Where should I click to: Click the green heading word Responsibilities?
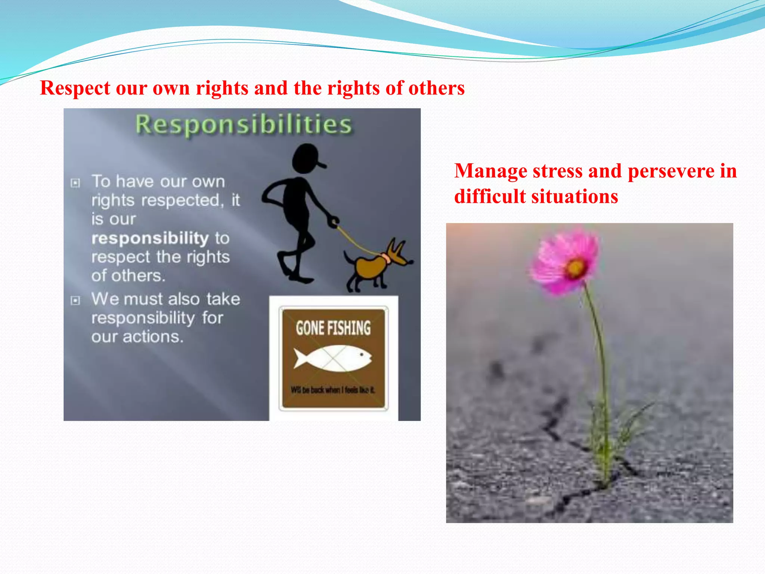pyautogui.click(x=243, y=124)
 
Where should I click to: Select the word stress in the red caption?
pyautogui.click(x=557, y=171)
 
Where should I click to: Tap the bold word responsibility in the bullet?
pyautogui.click(x=150, y=238)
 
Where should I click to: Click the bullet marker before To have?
pyautogui.click(x=75, y=183)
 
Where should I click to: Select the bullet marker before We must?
pyautogui.click(x=75, y=300)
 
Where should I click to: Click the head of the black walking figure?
pyautogui.click(x=306, y=158)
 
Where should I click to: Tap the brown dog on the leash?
pyautogui.click(x=372, y=266)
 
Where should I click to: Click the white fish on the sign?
pyautogui.click(x=332, y=358)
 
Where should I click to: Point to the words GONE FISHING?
pyautogui.click(x=333, y=328)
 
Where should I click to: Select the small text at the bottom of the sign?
pyautogui.click(x=332, y=390)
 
